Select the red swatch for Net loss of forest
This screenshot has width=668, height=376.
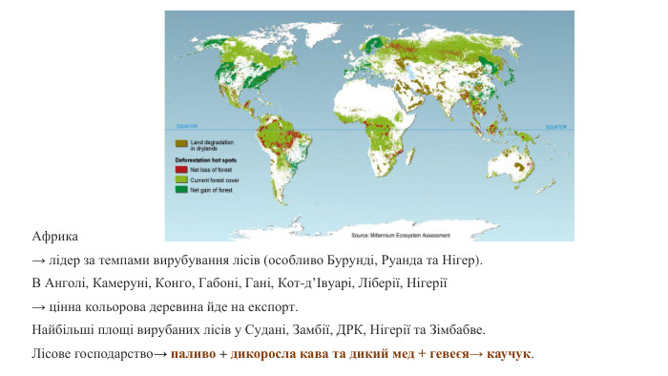[x=180, y=168]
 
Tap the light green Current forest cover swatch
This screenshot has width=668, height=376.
[x=180, y=178]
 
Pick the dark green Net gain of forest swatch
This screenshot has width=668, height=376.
[x=180, y=189]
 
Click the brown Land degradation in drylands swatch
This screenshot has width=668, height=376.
[x=180, y=142]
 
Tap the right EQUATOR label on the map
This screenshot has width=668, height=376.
[x=559, y=123]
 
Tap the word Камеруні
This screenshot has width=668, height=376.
[x=123, y=283]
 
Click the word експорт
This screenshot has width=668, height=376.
[x=275, y=307]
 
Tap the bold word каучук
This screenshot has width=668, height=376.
[x=510, y=354]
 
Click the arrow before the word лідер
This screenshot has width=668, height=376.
[x=39, y=260]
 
